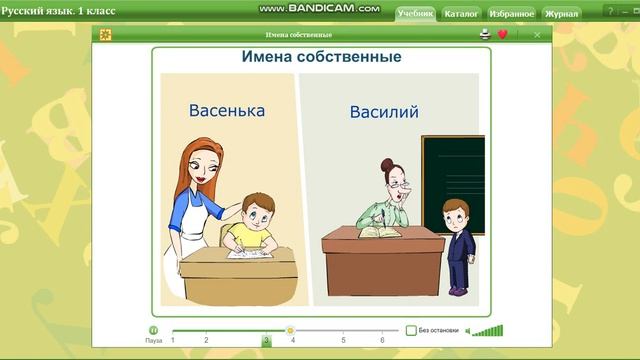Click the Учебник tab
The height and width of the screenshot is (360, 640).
tap(414, 14)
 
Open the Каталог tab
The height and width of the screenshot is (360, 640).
tap(461, 14)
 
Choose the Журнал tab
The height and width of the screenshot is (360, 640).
tap(562, 14)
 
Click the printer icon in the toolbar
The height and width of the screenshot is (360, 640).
tap(485, 34)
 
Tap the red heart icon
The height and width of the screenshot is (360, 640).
tap(502, 34)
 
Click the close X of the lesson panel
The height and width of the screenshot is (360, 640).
tap(537, 34)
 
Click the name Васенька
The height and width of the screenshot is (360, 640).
tap(227, 110)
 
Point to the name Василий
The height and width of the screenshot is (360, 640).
tap(384, 111)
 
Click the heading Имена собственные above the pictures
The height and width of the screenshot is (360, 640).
tap(321, 57)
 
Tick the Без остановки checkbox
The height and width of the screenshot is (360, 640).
tap(411, 330)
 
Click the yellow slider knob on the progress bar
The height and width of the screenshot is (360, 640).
tap(290, 330)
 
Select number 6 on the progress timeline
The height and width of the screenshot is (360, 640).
tap(383, 341)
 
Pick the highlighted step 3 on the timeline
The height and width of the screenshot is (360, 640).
tap(266, 341)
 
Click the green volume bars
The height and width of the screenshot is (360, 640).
tap(488, 330)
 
